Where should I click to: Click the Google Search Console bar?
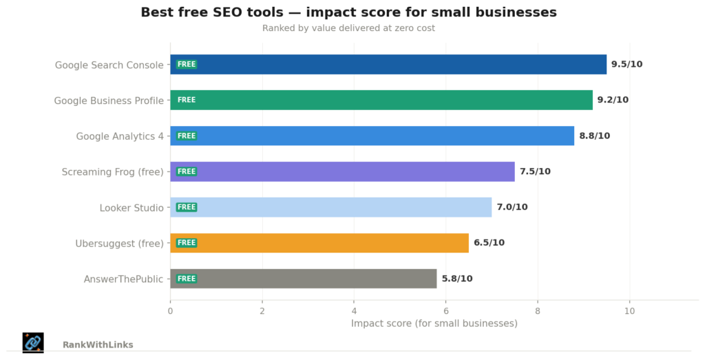(x=388, y=64)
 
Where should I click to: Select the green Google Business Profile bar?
(x=381, y=100)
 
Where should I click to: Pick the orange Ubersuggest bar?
(x=319, y=242)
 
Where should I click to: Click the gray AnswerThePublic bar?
(x=303, y=278)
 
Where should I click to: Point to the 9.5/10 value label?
(x=627, y=64)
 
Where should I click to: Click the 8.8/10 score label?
(x=594, y=136)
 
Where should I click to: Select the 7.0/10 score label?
(x=512, y=207)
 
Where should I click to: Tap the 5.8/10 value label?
(x=457, y=278)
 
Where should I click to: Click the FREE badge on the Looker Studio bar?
(x=187, y=207)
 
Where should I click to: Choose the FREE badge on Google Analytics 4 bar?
(x=187, y=136)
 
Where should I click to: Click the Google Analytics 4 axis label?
(x=120, y=136)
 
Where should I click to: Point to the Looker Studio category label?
(x=131, y=207)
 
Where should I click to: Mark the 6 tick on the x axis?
(x=445, y=310)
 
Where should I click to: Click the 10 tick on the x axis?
(x=629, y=310)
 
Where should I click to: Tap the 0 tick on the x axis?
(x=170, y=310)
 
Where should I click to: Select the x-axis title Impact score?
(x=434, y=324)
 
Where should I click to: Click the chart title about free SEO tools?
(x=348, y=12)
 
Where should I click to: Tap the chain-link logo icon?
(x=33, y=342)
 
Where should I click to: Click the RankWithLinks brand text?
(x=98, y=345)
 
